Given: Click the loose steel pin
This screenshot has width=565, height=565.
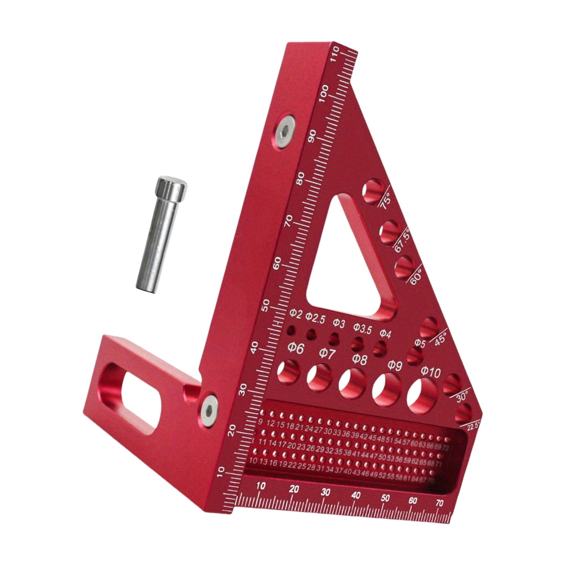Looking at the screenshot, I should [160, 234].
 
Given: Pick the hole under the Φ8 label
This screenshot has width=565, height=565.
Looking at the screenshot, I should [352, 383].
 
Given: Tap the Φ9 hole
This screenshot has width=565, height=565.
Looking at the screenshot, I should [386, 390].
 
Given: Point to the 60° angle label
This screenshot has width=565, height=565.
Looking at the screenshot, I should [415, 275].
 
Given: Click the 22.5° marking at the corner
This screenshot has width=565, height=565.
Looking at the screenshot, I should [473, 424].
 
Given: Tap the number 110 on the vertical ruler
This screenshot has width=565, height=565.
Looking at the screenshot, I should [334, 54].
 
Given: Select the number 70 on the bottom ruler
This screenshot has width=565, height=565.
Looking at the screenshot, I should [440, 503].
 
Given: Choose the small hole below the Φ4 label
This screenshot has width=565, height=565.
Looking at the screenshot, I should [380, 348].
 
